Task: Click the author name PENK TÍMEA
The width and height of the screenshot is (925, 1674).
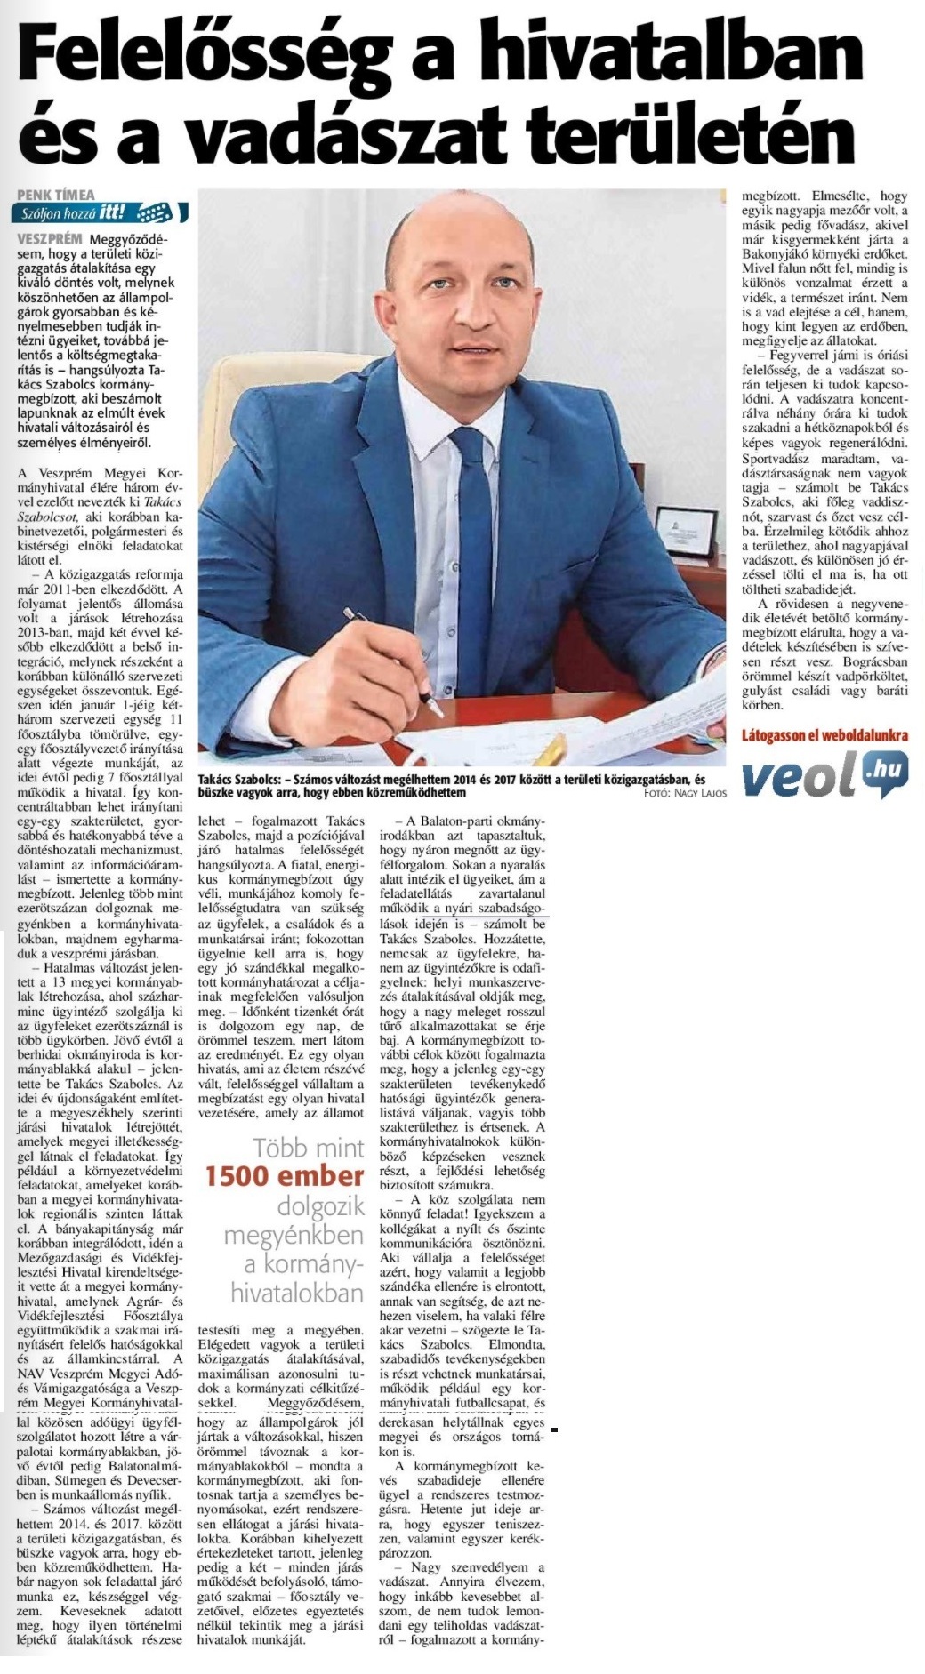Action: (x=56, y=195)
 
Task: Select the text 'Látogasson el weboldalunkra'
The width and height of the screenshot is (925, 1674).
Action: (x=824, y=735)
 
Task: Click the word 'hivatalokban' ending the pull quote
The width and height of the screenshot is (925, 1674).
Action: (x=297, y=1293)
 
